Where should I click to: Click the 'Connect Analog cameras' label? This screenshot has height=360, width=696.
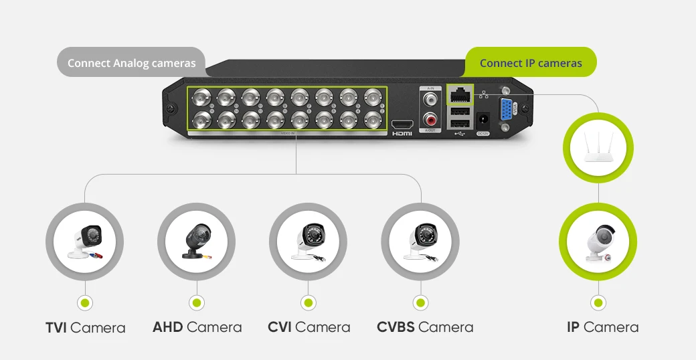[x=131, y=63]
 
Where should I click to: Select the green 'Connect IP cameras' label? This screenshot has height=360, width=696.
[x=531, y=64]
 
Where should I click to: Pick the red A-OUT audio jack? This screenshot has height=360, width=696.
[x=430, y=121]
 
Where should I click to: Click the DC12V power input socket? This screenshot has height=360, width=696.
[x=483, y=121]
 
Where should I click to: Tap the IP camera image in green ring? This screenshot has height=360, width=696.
[x=598, y=242]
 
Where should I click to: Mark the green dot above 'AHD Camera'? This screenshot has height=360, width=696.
[x=196, y=302]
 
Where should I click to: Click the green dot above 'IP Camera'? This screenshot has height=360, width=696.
[x=598, y=302]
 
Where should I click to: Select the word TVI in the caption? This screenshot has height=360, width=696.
[x=56, y=328]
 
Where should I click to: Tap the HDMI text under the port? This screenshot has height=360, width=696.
[x=402, y=134]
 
